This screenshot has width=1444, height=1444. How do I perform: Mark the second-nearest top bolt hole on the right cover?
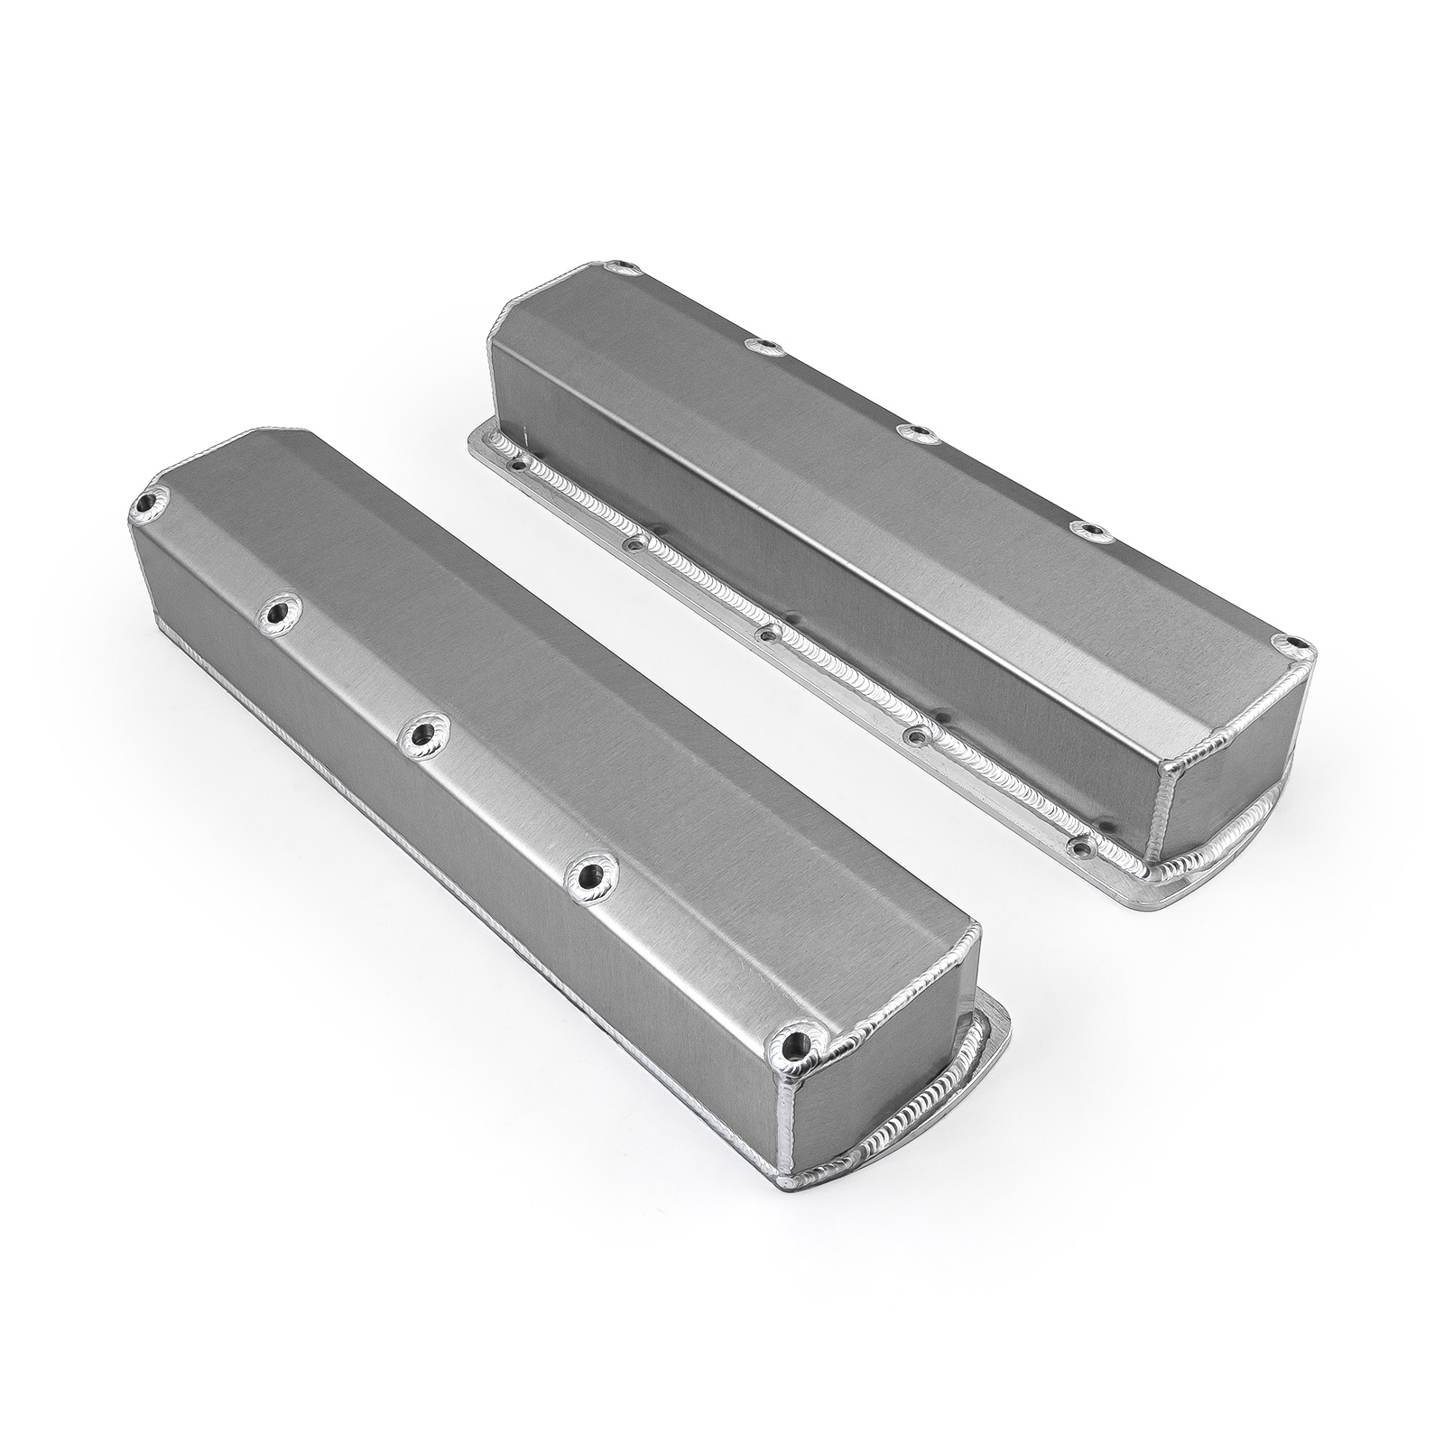(1094, 530)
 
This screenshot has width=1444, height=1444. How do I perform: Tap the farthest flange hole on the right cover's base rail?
(517, 467)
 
